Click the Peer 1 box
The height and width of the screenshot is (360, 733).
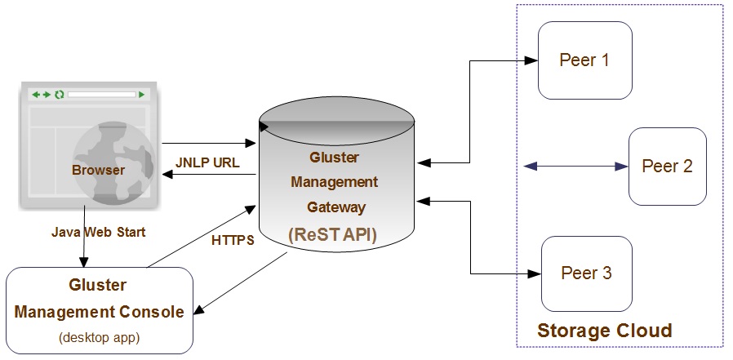click(584, 60)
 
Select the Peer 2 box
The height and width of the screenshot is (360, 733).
click(667, 167)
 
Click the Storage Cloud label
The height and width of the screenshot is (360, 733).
click(604, 331)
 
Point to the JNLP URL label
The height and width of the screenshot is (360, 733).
click(207, 162)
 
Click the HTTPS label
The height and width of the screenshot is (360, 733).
click(233, 240)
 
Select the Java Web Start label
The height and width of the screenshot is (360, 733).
click(98, 233)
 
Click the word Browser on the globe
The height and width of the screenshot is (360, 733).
click(98, 171)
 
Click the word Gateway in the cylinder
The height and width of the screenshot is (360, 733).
click(336, 207)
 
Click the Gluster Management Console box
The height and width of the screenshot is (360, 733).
click(99, 310)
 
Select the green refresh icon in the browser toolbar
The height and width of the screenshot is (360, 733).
click(59, 95)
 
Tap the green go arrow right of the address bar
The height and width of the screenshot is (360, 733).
click(142, 95)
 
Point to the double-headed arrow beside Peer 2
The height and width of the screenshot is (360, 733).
click(575, 167)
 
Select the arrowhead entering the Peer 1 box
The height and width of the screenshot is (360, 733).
click(531, 60)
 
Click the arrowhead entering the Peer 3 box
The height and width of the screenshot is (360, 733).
click(535, 273)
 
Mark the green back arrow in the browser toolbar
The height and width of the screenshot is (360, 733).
click(36, 95)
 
